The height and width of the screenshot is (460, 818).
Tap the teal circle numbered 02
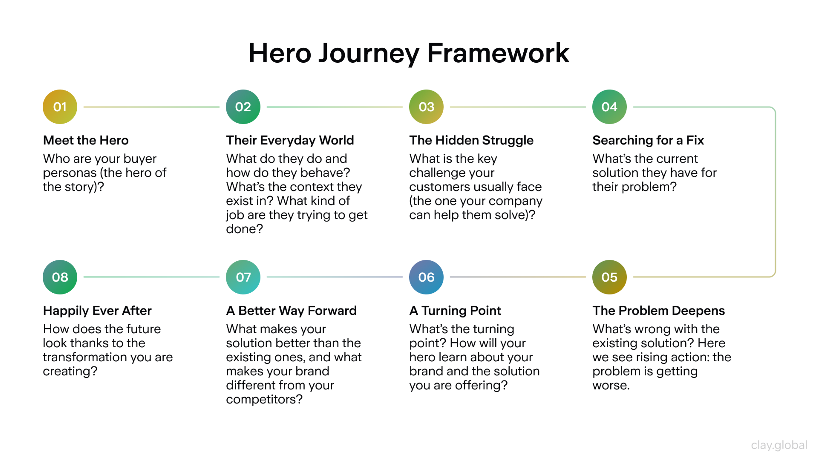(x=243, y=107)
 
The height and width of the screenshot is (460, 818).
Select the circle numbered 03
(x=426, y=107)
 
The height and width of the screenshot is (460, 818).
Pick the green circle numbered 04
(x=609, y=107)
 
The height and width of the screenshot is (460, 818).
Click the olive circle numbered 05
(x=609, y=277)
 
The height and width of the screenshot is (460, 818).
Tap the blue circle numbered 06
(x=426, y=277)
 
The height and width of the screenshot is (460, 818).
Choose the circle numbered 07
(x=243, y=277)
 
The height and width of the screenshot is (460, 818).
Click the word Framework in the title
(x=498, y=53)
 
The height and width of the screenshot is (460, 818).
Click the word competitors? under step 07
(x=264, y=399)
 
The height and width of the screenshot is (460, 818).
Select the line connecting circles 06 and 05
(x=518, y=277)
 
